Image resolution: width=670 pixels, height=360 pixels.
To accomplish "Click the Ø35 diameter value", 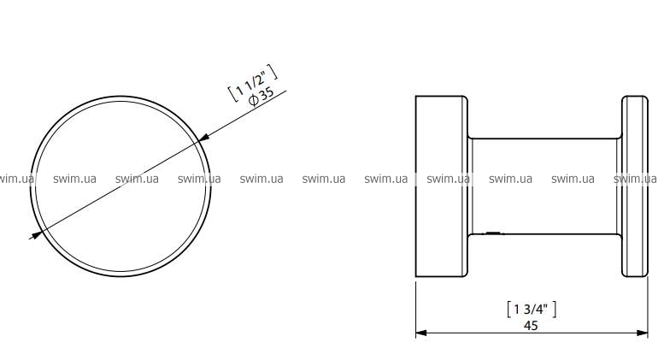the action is [x=262, y=97].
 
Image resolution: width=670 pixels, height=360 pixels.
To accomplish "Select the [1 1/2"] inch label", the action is [x=252, y=84].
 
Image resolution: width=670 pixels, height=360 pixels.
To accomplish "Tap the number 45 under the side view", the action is [x=531, y=326].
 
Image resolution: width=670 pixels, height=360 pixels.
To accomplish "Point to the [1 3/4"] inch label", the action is [x=532, y=310].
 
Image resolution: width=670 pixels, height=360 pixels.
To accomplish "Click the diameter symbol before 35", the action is [x=253, y=101].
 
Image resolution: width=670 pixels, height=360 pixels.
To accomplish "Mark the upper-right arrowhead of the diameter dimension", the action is [x=204, y=137].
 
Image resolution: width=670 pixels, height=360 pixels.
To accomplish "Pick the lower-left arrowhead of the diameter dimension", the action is [x=36, y=234].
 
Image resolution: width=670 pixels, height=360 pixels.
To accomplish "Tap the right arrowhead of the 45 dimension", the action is [x=643, y=333].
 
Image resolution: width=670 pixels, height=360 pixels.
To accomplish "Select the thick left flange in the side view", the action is [x=441, y=186].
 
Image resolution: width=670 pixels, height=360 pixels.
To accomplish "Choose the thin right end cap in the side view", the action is [x=635, y=186].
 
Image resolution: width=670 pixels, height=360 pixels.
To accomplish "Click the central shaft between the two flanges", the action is [x=544, y=186].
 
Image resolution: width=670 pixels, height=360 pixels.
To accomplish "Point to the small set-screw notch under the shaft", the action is [x=492, y=233].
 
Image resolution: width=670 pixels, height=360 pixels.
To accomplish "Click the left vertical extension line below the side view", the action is [x=416, y=308].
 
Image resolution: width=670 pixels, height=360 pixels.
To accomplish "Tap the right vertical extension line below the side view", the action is [x=648, y=308].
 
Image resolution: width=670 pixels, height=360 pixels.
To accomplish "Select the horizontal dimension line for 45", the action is [x=532, y=333].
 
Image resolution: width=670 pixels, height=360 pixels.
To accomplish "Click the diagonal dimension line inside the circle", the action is [x=121, y=185].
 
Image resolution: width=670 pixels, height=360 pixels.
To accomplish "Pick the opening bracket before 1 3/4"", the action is [x=509, y=310].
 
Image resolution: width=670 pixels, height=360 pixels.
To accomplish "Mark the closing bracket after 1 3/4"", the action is [x=554, y=310].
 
